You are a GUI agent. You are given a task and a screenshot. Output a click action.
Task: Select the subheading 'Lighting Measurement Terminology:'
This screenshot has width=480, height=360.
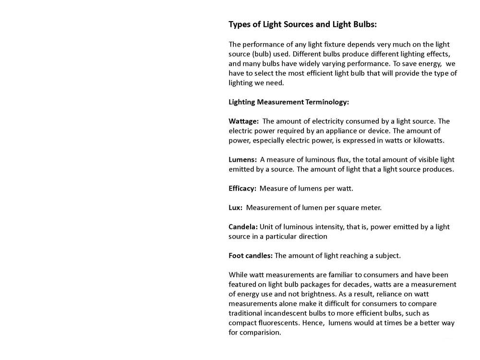tap(288, 102)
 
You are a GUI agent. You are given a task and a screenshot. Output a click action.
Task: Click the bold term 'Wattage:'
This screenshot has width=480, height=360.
tap(243, 121)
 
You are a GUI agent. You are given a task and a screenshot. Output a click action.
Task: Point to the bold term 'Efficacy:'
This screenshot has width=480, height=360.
tap(242, 188)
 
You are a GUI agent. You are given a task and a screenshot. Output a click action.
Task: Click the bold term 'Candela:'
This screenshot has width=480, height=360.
tap(243, 227)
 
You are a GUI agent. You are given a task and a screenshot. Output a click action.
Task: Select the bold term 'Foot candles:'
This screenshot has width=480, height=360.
tap(250, 255)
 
